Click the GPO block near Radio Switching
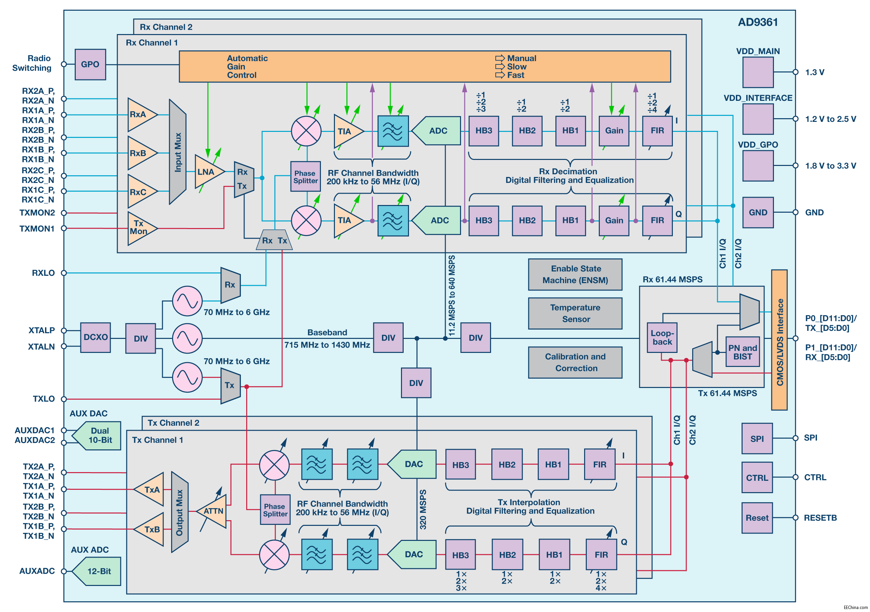(x=90, y=64)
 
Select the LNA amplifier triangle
(x=207, y=172)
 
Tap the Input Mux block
(x=177, y=152)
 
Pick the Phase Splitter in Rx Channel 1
(x=306, y=177)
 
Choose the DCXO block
(x=95, y=338)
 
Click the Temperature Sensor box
(x=575, y=313)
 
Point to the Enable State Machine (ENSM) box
(x=575, y=274)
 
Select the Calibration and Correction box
(x=575, y=363)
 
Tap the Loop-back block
(x=662, y=338)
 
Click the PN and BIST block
(x=742, y=352)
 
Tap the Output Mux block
(x=179, y=512)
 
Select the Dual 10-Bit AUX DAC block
(x=99, y=436)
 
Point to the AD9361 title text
(x=758, y=22)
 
